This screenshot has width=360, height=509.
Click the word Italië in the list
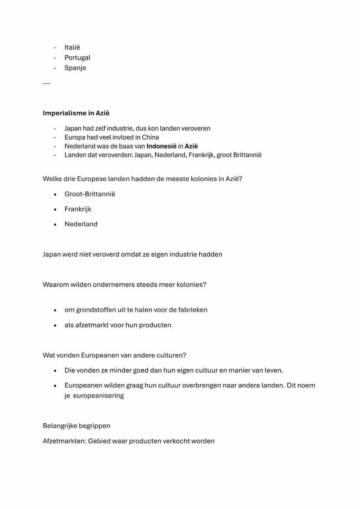(72, 47)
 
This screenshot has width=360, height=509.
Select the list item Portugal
(77, 57)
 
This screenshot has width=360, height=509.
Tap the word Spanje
(75, 68)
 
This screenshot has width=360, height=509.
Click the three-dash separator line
(46, 83)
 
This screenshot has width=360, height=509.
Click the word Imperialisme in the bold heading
(64, 113)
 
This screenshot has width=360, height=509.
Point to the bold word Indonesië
(161, 146)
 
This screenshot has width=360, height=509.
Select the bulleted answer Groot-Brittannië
(90, 194)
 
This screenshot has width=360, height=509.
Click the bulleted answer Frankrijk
(78, 209)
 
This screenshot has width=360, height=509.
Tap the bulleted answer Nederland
(81, 224)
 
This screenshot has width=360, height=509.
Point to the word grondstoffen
(96, 310)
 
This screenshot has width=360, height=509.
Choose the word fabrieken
(193, 310)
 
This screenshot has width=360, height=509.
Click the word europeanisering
(98, 396)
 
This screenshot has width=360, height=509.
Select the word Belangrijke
(60, 426)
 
